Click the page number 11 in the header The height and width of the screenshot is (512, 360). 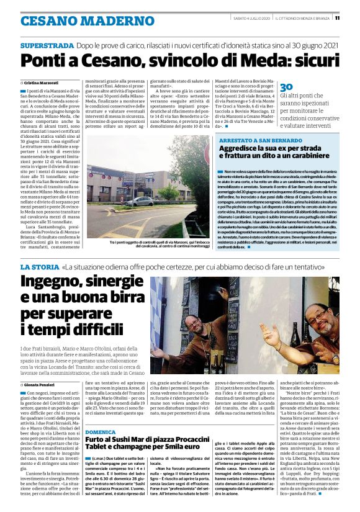tap(354, 17)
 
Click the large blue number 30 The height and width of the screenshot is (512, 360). tap(286, 88)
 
